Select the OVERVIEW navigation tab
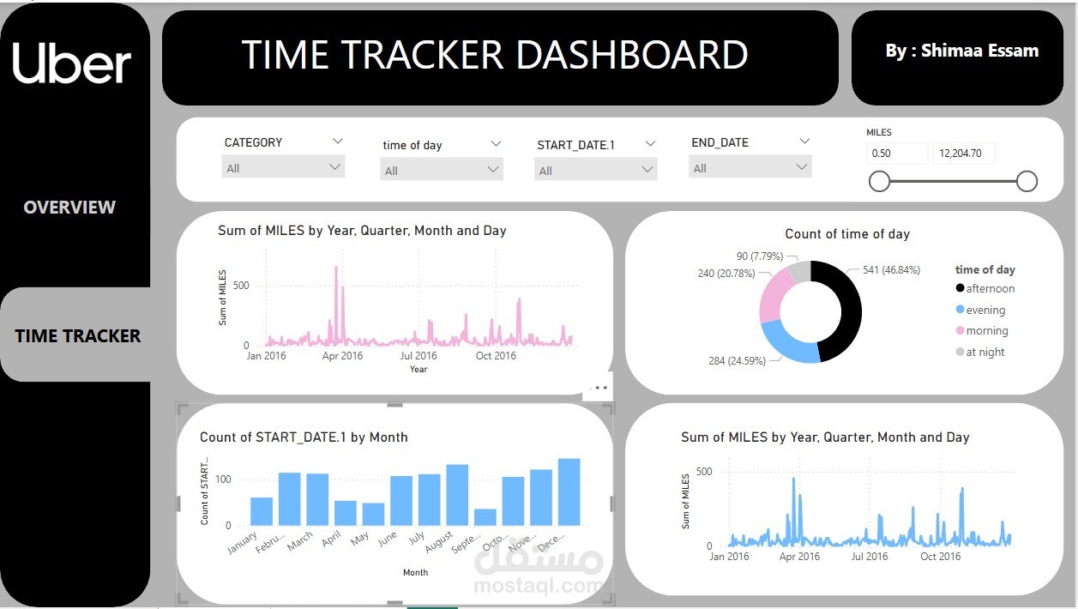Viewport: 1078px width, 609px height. [x=69, y=207]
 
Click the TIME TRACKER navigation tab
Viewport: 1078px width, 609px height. [x=77, y=336]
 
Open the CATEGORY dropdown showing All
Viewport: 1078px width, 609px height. [x=283, y=168]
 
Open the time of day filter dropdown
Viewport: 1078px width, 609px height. [x=441, y=170]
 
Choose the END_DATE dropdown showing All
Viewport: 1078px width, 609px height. [x=750, y=168]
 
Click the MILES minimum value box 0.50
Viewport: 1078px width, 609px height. [x=896, y=154]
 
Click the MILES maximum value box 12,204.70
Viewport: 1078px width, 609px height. [x=963, y=154]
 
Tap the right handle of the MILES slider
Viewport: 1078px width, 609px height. [x=1027, y=181]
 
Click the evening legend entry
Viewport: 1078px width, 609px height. [x=985, y=311]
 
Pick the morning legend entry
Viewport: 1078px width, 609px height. [x=986, y=331]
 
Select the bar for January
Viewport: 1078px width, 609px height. [x=262, y=511]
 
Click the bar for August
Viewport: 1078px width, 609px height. [x=457, y=495]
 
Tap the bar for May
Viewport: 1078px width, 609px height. [x=373, y=514]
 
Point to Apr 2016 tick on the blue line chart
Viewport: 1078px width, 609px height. [x=799, y=557]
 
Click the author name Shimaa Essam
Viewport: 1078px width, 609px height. [x=961, y=51]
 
